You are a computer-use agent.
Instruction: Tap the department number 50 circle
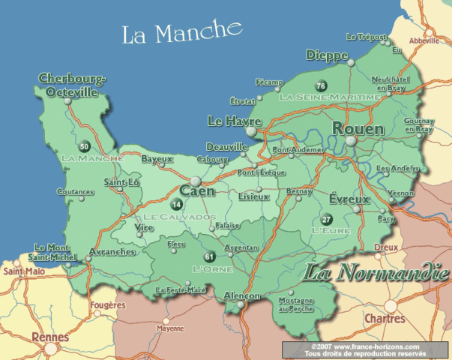84,146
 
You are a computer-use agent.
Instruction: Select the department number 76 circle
321,85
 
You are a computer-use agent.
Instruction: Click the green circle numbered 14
177,204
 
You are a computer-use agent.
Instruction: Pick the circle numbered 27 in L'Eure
326,219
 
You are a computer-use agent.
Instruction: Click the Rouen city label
358,130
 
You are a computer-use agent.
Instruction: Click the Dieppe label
327,56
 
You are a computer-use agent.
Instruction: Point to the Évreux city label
349,199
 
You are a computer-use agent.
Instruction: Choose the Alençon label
242,295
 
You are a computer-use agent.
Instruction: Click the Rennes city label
50,337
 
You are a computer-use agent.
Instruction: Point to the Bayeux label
157,159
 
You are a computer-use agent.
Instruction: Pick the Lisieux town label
253,196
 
